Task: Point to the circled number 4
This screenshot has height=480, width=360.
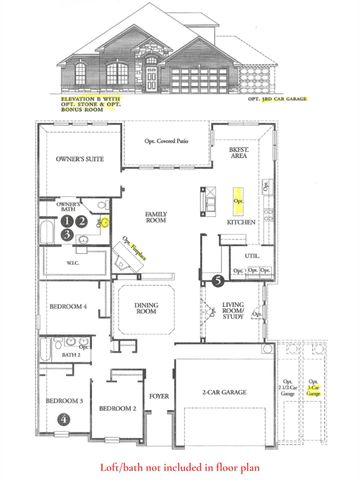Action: coord(64,420)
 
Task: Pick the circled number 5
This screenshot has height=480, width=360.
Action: coord(217,282)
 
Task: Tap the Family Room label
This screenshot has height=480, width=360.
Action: coord(157,218)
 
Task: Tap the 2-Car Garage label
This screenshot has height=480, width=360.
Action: coord(223,394)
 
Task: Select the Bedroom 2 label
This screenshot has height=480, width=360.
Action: coord(118,408)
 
